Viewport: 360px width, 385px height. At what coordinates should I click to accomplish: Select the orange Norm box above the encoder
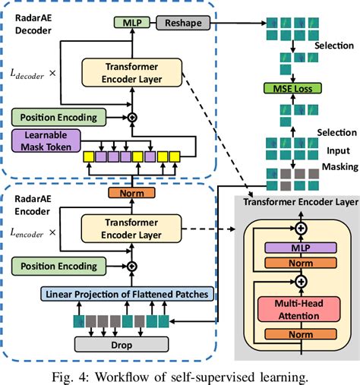point(131,193)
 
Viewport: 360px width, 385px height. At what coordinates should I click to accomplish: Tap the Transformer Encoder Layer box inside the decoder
point(131,73)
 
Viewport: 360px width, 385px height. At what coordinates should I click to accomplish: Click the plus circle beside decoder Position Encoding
point(131,118)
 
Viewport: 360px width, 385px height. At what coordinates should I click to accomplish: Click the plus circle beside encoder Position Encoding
point(131,266)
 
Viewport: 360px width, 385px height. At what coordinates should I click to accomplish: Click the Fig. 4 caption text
point(180,375)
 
